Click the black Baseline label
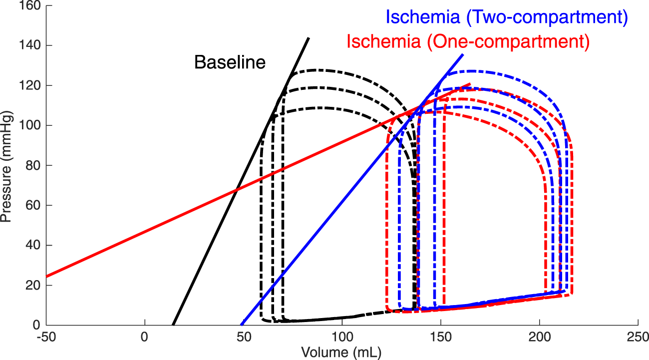coord(230,63)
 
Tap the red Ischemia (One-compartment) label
coord(468,41)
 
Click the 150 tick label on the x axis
coord(441,337)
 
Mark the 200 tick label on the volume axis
coord(540,337)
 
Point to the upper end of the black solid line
coord(309,37)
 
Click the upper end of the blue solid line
coord(463,54)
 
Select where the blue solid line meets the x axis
coord(242,325)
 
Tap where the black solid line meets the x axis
coord(173,325)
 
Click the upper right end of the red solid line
coord(470,84)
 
